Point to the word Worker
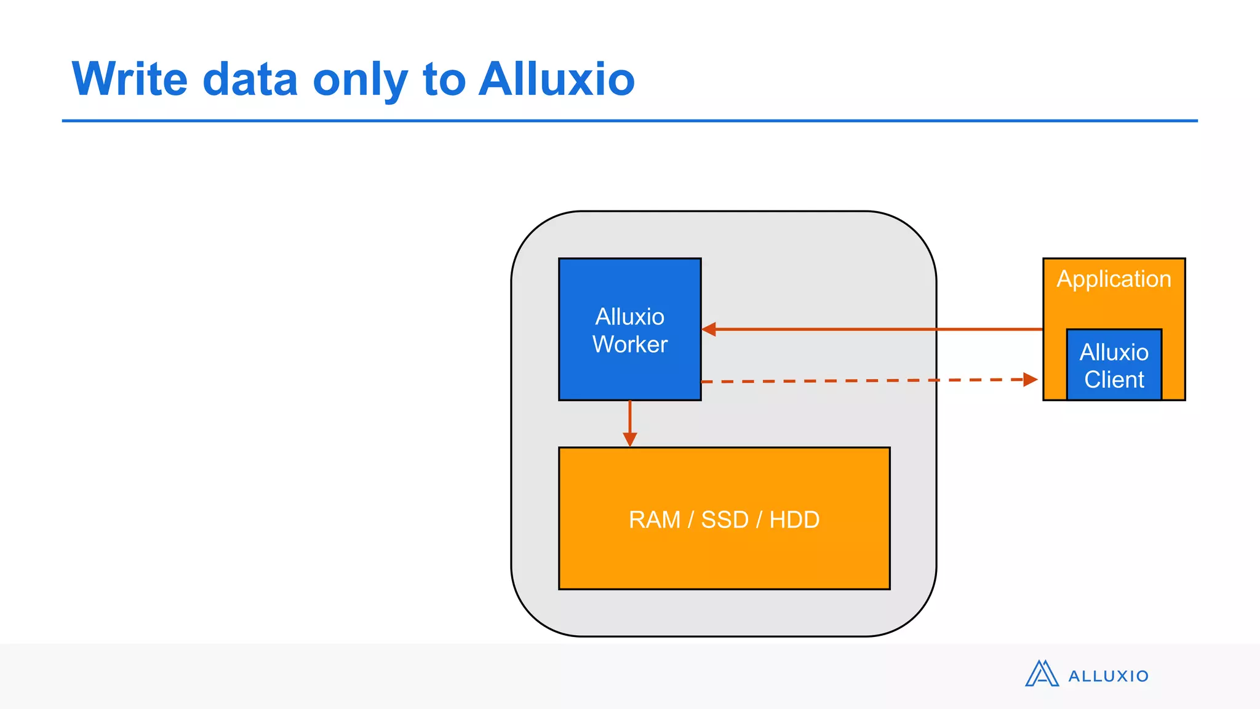[x=629, y=345]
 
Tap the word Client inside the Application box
[x=1114, y=380]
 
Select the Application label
[x=1114, y=279]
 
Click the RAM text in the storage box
[x=654, y=520]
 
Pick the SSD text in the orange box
[x=724, y=520]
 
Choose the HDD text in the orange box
[x=794, y=520]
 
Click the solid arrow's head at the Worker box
[x=709, y=329]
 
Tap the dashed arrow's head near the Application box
[x=1031, y=379]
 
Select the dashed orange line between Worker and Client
[x=861, y=381]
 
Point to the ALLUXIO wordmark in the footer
[x=1108, y=676]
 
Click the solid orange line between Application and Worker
[x=874, y=329]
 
